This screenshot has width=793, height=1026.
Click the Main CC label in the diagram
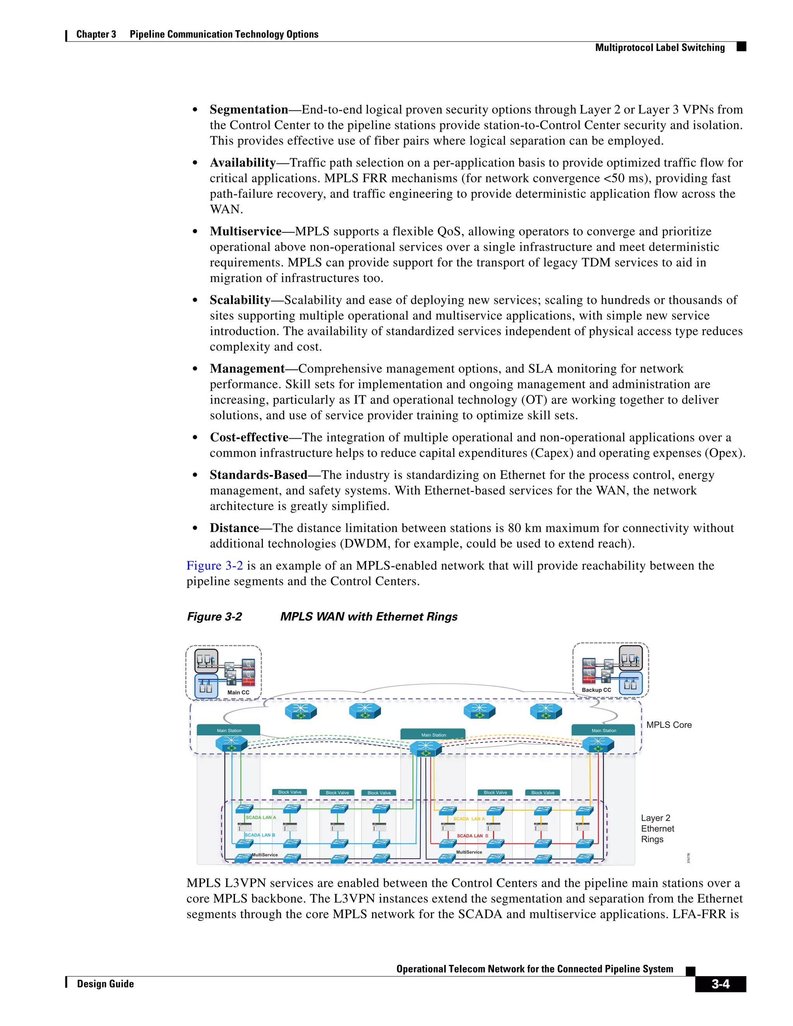pos(238,693)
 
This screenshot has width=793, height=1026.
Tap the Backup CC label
pos(596,690)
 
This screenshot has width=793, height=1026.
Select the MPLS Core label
pos(668,725)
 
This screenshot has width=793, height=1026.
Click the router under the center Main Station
pos(426,748)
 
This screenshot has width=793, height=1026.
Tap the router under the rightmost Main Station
pos(597,745)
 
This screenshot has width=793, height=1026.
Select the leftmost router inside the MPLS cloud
pos(300,711)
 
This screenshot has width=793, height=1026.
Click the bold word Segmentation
pos(249,110)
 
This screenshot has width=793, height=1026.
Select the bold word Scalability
pos(240,300)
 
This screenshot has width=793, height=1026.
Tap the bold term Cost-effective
pos(249,438)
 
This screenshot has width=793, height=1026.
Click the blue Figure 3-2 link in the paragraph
pos(215,566)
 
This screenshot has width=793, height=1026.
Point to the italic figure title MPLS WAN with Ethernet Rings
pos(369,616)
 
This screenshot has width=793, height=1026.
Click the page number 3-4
pos(720,984)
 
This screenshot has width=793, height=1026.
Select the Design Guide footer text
pos(105,984)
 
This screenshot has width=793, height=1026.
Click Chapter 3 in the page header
pos(96,34)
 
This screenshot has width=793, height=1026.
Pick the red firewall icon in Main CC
pos(248,681)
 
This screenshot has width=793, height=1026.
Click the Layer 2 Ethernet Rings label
pos(657,829)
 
